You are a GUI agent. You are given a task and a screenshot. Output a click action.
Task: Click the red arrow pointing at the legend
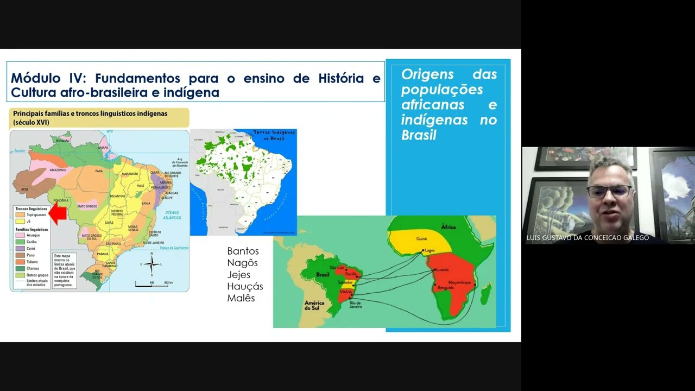pyautogui.click(x=58, y=213)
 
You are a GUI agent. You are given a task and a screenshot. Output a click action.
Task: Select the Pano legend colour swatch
pyautogui.click(x=20, y=255)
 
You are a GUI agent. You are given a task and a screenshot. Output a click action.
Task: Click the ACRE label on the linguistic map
pyautogui.click(x=24, y=190)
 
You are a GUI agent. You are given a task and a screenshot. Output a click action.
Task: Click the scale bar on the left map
pyautogui.click(x=154, y=283)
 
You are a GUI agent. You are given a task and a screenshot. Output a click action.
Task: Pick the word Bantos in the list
pyautogui.click(x=243, y=251)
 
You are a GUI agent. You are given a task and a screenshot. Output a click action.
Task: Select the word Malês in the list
pyautogui.click(x=241, y=298)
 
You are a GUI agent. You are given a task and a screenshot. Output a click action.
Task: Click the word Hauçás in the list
pyautogui.click(x=245, y=286)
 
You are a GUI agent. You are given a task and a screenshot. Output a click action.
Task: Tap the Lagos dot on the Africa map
pyautogui.click(x=424, y=251)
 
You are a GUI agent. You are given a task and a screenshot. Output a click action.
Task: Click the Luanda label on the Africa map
pyautogui.click(x=443, y=269)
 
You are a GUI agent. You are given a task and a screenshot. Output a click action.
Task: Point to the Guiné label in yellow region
pyautogui.click(x=421, y=238)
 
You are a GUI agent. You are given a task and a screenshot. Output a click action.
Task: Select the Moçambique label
pyautogui.click(x=459, y=283)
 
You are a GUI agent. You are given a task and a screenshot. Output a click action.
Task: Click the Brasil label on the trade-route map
pyautogui.click(x=323, y=275)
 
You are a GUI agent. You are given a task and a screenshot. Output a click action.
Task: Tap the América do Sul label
pyautogui.click(x=314, y=306)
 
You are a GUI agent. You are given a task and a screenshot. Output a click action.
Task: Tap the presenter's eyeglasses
pyautogui.click(x=609, y=191)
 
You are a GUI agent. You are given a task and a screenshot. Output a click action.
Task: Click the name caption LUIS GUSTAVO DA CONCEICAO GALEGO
pyautogui.click(x=587, y=238)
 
